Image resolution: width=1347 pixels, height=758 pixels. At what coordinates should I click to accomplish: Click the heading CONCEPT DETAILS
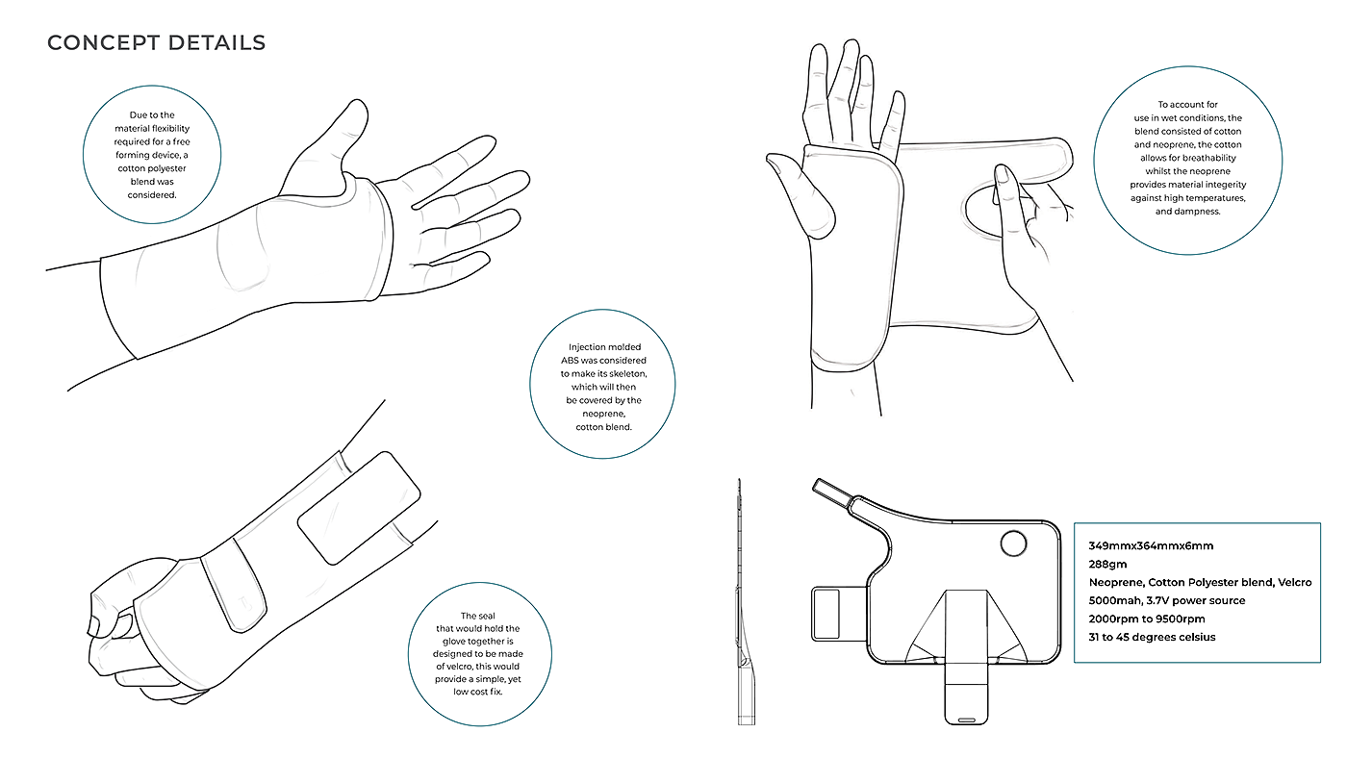point(156,42)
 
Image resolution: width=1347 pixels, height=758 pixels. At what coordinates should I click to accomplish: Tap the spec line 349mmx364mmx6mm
point(1151,545)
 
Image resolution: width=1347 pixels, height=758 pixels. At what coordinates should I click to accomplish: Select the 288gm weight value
point(1107,565)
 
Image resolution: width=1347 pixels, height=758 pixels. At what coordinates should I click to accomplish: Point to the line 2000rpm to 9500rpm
point(1147,619)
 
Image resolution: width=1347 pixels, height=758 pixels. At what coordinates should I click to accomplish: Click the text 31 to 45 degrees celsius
point(1153,637)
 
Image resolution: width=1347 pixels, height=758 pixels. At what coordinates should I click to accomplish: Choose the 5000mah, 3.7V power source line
point(1166,600)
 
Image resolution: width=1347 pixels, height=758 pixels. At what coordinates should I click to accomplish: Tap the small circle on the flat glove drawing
point(1013,543)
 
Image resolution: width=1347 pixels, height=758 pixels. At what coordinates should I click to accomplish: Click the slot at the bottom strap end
point(966,720)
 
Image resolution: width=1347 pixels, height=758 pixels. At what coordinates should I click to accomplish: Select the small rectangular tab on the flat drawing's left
point(826,614)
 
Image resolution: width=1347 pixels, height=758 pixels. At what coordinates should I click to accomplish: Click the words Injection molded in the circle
point(604,347)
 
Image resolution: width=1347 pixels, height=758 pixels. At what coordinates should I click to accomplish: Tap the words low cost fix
point(478,692)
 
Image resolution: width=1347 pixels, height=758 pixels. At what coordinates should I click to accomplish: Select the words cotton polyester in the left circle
point(152,168)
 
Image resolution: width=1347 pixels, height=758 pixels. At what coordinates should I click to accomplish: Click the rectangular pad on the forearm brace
point(359,508)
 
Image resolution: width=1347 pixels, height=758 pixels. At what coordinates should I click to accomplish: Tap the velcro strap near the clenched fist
point(233,584)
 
